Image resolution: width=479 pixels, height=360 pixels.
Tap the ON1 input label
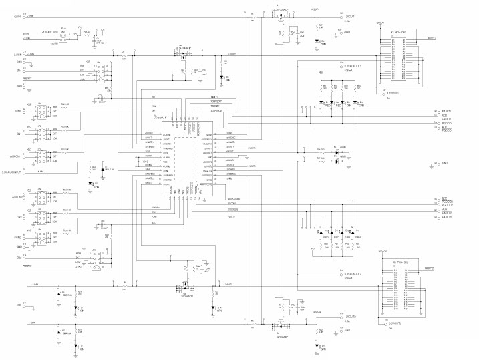click(18, 132)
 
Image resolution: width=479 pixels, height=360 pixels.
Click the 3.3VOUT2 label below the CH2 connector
click(391, 323)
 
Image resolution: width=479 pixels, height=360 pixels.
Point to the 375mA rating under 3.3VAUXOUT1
click(350, 73)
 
